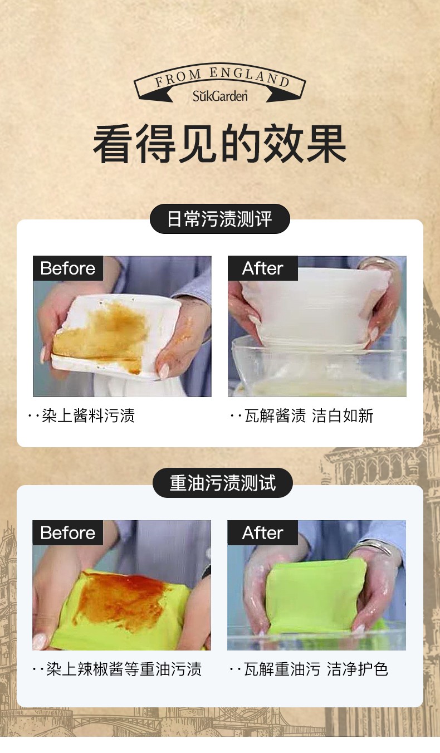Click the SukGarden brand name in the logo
tap(220, 96)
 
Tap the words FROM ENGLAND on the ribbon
tap(222, 77)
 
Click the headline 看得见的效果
tap(220, 144)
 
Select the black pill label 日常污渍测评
tap(220, 219)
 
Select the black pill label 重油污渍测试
tap(223, 483)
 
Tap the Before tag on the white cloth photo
tap(68, 268)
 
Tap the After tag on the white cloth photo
tap(263, 268)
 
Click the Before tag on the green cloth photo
tap(67, 533)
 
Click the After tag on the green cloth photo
tap(262, 533)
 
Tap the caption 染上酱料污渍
tap(88, 415)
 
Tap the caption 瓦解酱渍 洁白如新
tap(309, 415)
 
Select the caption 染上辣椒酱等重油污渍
tap(124, 669)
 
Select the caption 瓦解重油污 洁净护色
tap(316, 669)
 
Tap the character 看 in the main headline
tap(114, 144)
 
